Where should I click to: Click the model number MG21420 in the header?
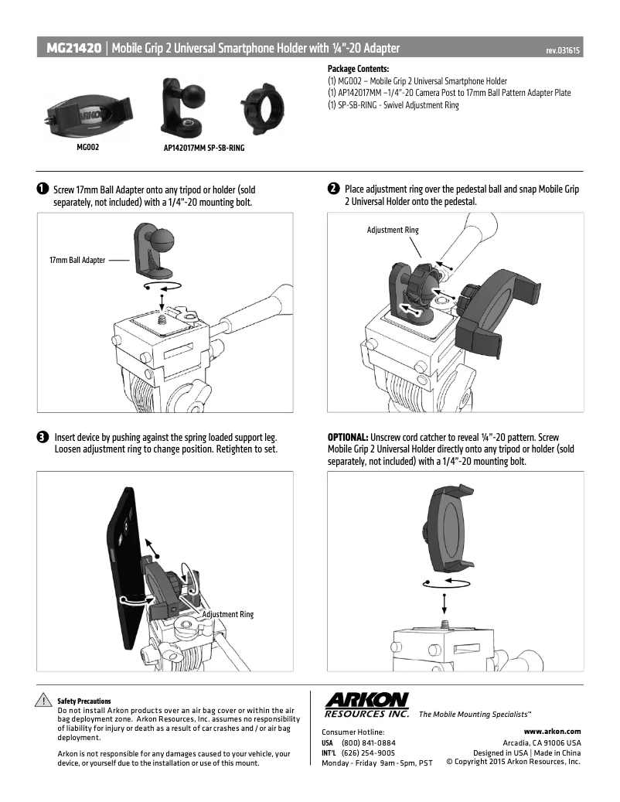pos(73,49)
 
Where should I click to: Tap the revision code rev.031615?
pos(563,50)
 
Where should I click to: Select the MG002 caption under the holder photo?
pos(87,145)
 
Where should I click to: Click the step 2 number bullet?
pos(333,189)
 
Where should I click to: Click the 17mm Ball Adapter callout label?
pos(77,261)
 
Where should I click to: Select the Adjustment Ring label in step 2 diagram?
pos(393,230)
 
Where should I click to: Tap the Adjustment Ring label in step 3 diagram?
pos(227,614)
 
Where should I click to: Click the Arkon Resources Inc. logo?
pos(366,705)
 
